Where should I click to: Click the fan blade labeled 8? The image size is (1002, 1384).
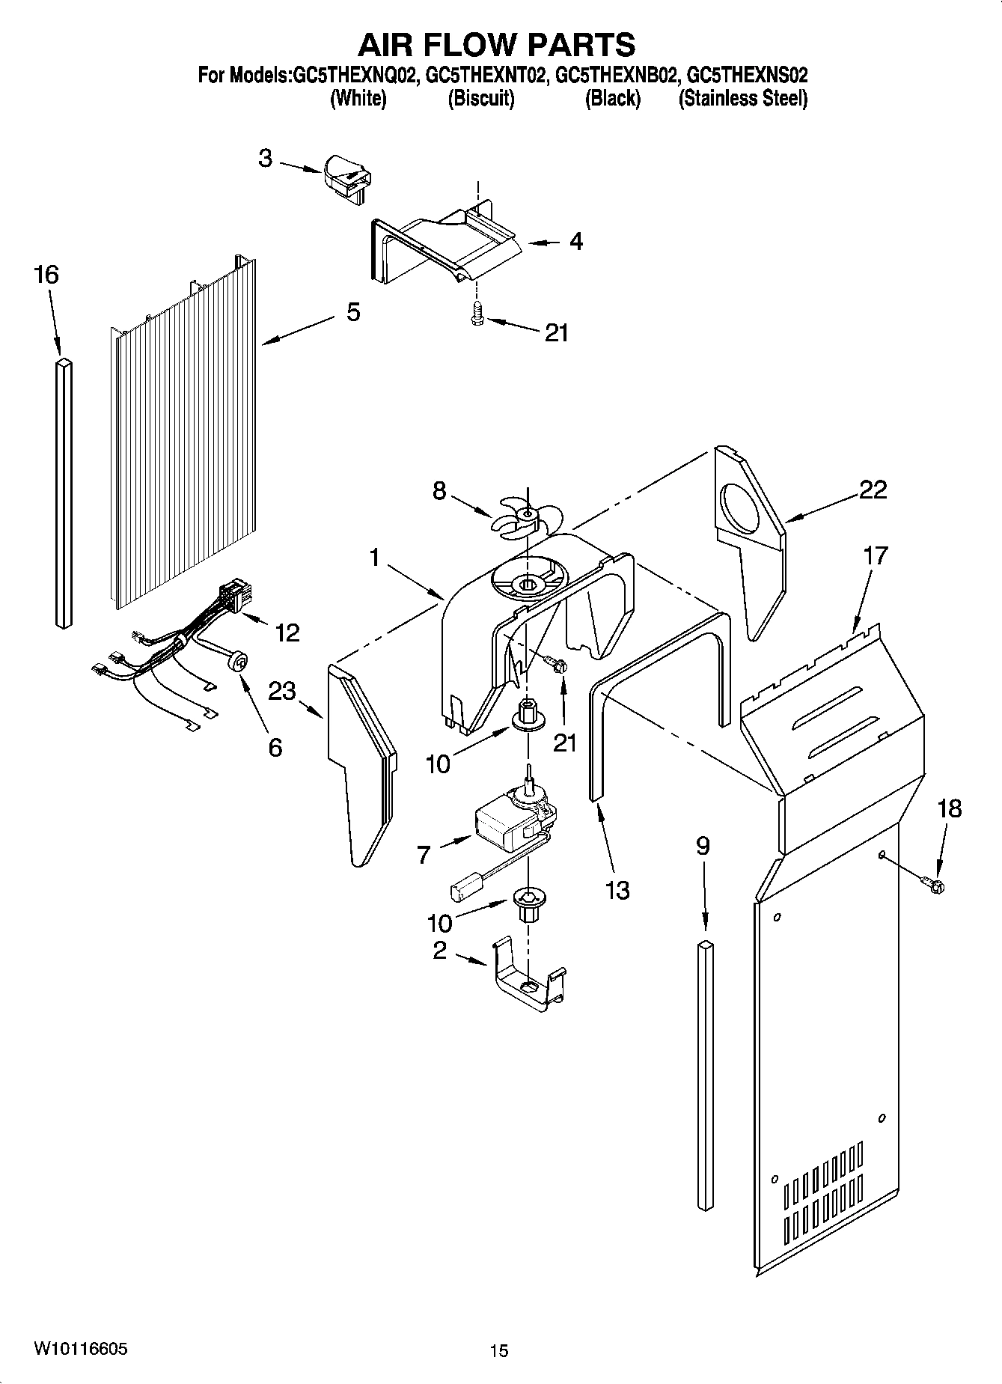524,517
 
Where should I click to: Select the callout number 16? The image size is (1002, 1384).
46,275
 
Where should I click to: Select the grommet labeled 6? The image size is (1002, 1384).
239,661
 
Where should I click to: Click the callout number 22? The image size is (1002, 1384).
873,490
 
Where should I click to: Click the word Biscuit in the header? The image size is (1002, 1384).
480,99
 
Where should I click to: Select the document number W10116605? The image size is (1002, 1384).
80,1349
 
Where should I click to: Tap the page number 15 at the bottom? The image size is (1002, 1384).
499,1351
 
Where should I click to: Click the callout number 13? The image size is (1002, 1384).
617,891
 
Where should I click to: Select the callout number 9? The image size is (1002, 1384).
702,847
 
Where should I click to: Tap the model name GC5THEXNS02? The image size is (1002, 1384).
747,76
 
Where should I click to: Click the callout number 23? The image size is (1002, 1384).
282,691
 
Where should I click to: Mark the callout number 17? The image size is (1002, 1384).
875,556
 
